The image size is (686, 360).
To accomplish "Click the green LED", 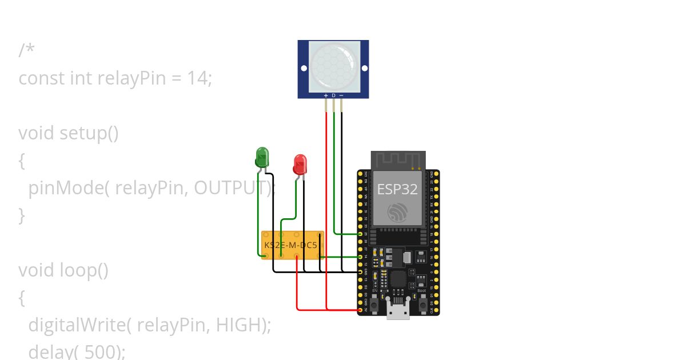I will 262,157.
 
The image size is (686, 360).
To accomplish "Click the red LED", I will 300,164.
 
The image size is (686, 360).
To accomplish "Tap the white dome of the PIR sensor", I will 334,66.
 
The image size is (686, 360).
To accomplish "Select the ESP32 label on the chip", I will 397,189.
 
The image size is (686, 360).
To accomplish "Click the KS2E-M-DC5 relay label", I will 290,245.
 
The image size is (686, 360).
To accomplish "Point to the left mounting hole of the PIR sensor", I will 304,69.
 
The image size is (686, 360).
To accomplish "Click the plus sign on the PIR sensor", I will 326,95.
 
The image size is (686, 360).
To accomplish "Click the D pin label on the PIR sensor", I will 334,95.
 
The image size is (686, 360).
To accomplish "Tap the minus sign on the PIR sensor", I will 341,95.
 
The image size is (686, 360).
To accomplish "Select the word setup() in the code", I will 89,133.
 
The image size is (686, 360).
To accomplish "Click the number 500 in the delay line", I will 99,351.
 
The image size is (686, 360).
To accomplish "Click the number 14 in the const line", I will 197,78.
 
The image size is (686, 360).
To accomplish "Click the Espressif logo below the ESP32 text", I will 397,212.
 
